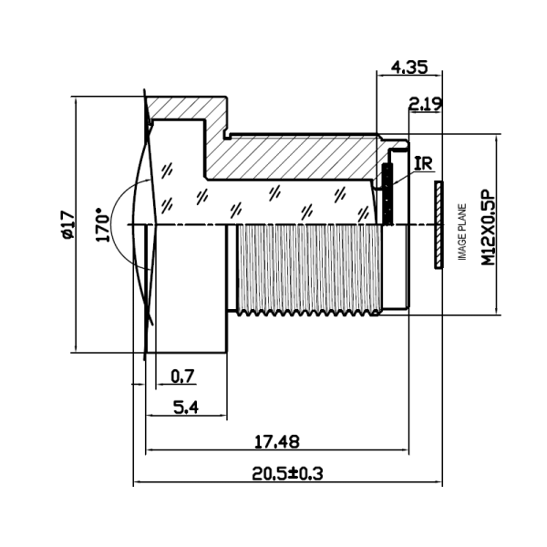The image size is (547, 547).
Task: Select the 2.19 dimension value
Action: point(425,104)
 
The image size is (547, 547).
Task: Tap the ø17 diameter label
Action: point(66,224)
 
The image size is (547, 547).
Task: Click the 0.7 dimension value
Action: point(182,375)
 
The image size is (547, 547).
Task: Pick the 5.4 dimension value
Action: point(185,408)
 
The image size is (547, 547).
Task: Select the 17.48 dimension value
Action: point(275,441)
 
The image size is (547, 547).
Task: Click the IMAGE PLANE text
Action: point(462,232)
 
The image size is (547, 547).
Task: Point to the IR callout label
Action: point(423,164)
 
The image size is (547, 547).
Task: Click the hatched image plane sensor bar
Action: point(439,224)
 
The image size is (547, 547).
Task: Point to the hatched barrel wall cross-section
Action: point(292,155)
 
